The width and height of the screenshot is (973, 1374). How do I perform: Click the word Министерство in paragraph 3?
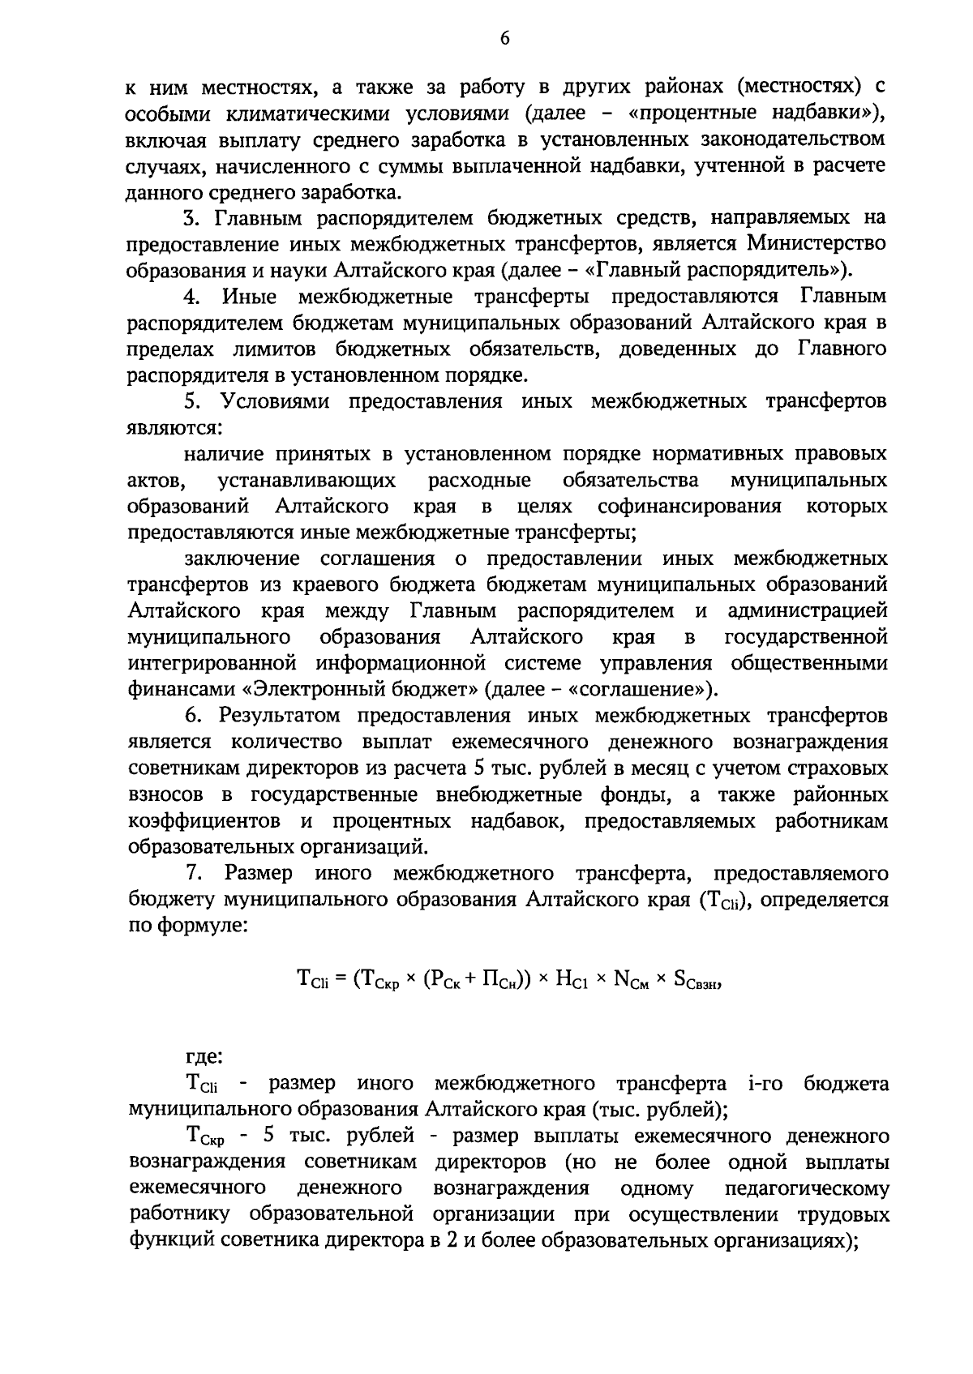(817, 243)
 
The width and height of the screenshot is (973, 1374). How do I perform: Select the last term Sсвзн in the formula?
(697, 980)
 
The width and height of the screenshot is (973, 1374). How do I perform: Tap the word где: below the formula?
(204, 1057)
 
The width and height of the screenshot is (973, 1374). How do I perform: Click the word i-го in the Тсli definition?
(763, 1084)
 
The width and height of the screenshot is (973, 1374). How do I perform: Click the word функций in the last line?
(167, 1241)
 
